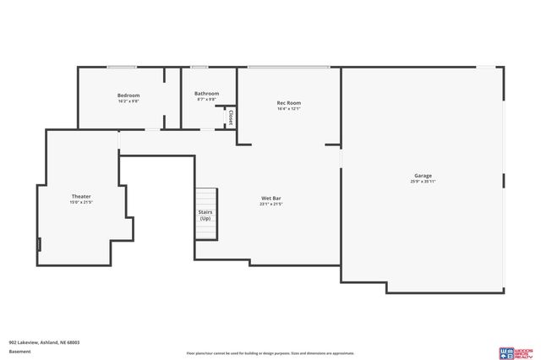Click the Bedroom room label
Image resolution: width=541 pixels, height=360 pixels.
pyautogui.click(x=128, y=95)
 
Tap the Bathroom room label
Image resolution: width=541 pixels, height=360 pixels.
pyautogui.click(x=206, y=94)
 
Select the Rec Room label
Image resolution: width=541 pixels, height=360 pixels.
pyautogui.click(x=289, y=103)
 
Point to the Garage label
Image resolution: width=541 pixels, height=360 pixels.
pyautogui.click(x=423, y=176)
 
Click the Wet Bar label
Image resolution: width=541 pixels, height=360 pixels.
pyautogui.click(x=270, y=198)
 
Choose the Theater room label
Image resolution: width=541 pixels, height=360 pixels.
pyautogui.click(x=81, y=196)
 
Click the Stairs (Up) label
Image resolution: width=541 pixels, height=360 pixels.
pyautogui.click(x=205, y=215)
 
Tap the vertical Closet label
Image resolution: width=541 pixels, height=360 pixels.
pyautogui.click(x=230, y=118)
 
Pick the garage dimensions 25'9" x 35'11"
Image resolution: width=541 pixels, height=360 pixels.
pyautogui.click(x=423, y=182)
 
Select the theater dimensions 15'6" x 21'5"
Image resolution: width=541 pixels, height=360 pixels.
pyautogui.click(x=81, y=202)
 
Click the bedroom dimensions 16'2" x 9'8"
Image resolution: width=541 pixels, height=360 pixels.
pyautogui.click(x=128, y=101)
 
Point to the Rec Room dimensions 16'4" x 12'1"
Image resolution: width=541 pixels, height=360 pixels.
pyautogui.click(x=289, y=108)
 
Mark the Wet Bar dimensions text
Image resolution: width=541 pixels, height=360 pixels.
pyautogui.click(x=270, y=204)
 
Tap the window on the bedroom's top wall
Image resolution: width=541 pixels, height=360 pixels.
pyautogui.click(x=122, y=67)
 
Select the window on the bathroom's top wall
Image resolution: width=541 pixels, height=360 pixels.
pyautogui.click(x=199, y=67)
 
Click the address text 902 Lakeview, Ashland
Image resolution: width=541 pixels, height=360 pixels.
pyautogui.click(x=44, y=342)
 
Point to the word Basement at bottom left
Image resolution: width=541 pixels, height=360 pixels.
pyautogui.click(x=19, y=352)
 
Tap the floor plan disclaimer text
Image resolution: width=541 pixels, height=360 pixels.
pyautogui.click(x=270, y=353)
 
